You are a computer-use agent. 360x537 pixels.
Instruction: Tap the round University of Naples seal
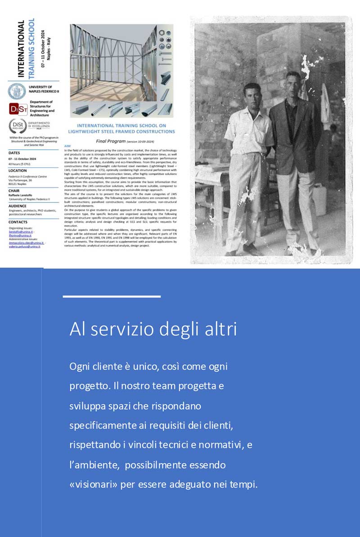click(x=17, y=91)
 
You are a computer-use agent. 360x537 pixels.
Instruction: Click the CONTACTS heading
click(x=18, y=222)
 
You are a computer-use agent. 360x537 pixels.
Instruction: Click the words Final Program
click(x=109, y=141)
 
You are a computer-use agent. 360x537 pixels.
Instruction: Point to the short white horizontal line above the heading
click(x=112, y=297)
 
